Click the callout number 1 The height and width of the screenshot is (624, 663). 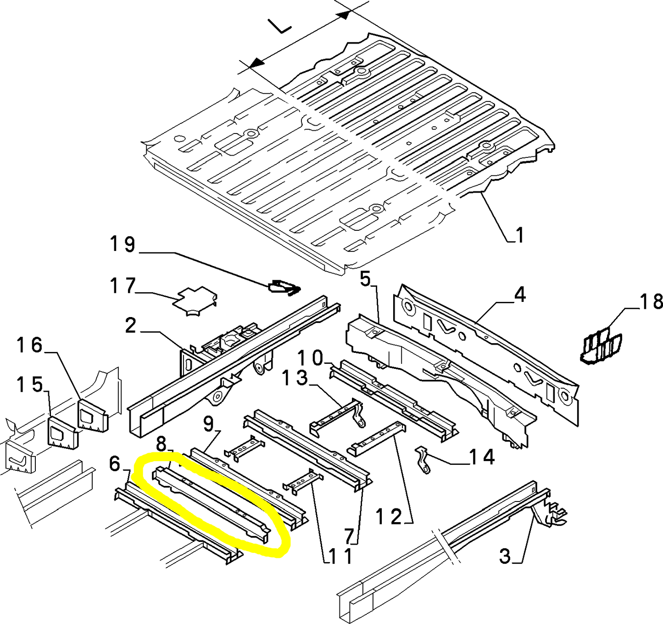519,235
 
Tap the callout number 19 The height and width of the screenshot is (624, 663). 123,244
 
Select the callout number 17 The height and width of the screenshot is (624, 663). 123,286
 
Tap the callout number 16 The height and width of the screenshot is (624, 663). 29,345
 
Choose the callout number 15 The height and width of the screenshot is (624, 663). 29,384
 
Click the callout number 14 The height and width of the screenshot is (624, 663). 482,457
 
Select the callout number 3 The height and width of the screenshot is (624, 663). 505,556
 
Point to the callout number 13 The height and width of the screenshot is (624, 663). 295,378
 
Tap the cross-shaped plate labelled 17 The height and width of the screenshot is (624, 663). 195,301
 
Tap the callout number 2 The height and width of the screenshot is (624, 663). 131,326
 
